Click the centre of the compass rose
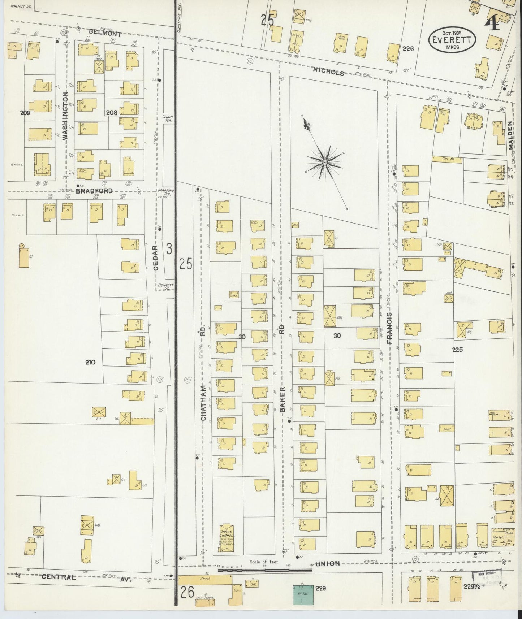point(325,163)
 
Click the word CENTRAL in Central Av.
point(59,577)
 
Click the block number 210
point(90,362)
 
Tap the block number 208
point(112,113)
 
